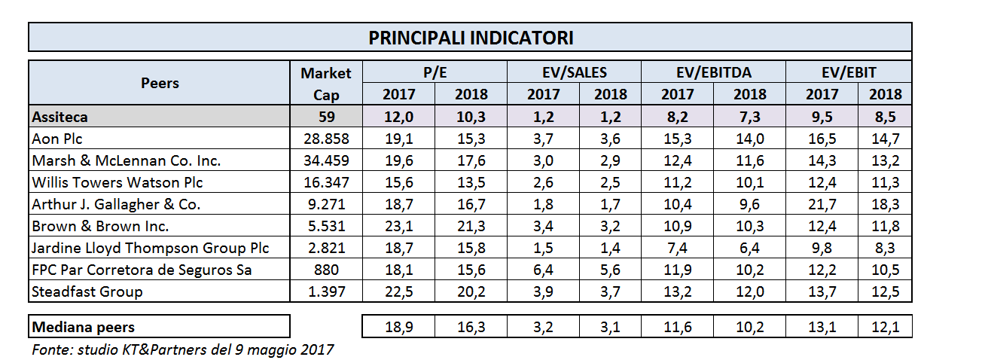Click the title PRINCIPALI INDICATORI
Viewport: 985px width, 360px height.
pyautogui.click(x=471, y=38)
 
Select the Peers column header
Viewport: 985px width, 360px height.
pyautogui.click(x=160, y=84)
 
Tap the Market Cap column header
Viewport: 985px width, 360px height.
pyautogui.click(x=325, y=84)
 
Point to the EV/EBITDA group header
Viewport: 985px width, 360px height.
pyautogui.click(x=713, y=72)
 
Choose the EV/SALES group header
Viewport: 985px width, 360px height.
pyautogui.click(x=575, y=72)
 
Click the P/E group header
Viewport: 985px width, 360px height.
pyautogui.click(x=435, y=72)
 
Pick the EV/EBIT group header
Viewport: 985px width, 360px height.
pyautogui.click(x=849, y=72)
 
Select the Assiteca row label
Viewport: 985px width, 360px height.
pyautogui.click(x=60, y=117)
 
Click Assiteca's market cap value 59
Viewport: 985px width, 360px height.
pyautogui.click(x=325, y=117)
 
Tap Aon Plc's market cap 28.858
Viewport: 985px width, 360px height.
pyautogui.click(x=325, y=139)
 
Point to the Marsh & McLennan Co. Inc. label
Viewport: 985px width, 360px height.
pyautogui.click(x=127, y=160)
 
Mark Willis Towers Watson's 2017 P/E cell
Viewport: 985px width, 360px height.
pyautogui.click(x=398, y=182)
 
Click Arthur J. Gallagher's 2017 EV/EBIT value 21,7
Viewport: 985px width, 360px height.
pyautogui.click(x=822, y=204)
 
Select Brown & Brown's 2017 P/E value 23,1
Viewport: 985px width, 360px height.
pyautogui.click(x=398, y=226)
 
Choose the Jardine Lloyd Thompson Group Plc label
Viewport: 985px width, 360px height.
pyautogui.click(x=151, y=248)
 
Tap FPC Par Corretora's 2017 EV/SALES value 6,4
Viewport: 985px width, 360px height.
pyautogui.click(x=544, y=270)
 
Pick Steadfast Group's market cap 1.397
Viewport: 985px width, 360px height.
pyautogui.click(x=325, y=291)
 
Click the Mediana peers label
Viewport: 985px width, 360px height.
pyautogui.click(x=84, y=327)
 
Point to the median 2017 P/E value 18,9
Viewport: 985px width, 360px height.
pyautogui.click(x=398, y=327)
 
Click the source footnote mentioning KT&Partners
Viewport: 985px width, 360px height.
pyautogui.click(x=183, y=349)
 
